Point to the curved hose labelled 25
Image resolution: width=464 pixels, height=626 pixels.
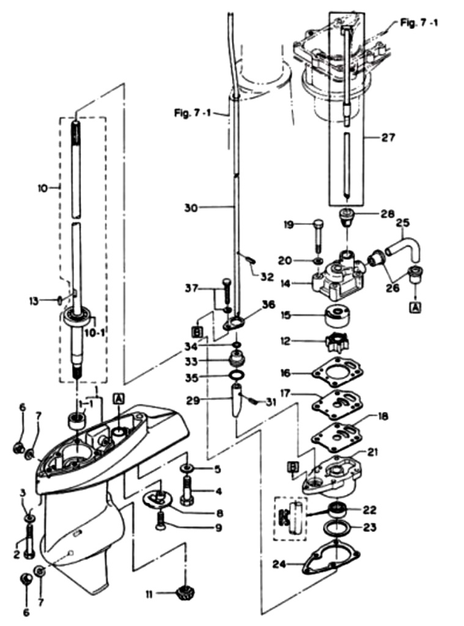coord(403,246)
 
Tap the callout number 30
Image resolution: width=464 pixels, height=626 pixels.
coord(191,208)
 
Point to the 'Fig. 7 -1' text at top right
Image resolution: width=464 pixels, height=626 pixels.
coord(419,22)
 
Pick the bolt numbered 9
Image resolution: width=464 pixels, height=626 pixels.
coord(161,521)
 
